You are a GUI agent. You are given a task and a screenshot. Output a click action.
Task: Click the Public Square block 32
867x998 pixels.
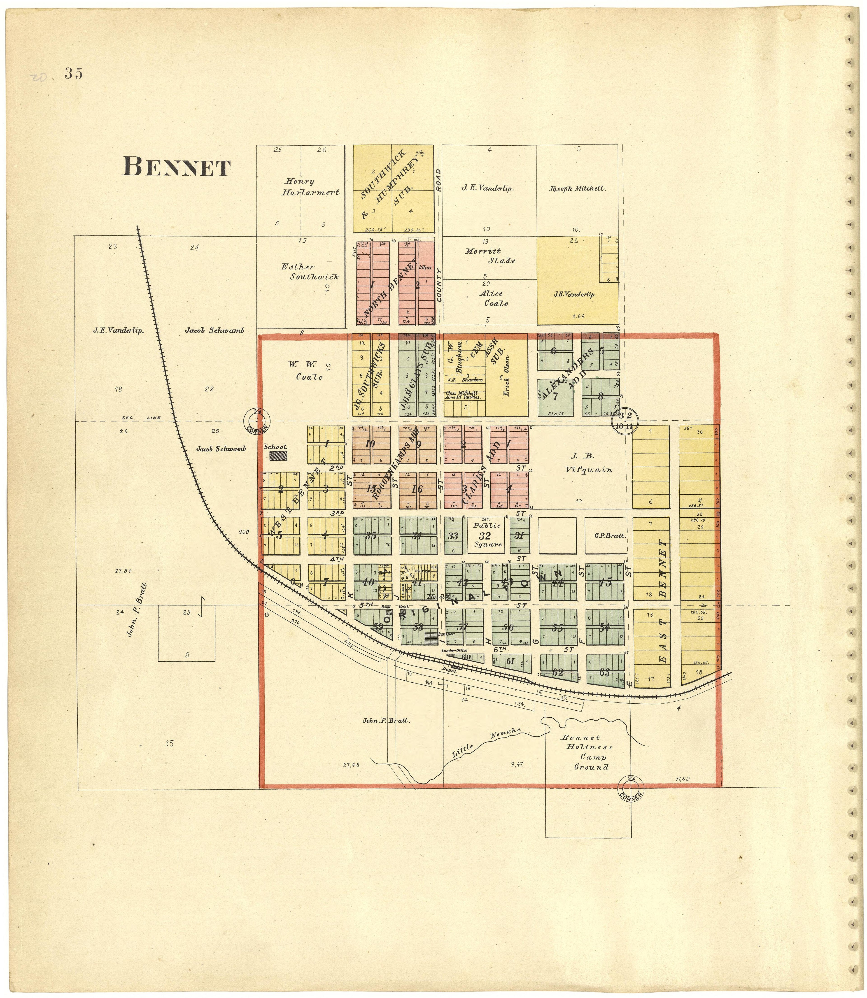[x=485, y=535]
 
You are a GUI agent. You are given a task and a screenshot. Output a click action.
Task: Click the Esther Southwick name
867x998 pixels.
[x=310, y=272]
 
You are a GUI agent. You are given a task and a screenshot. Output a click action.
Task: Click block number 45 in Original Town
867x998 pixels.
[x=605, y=583]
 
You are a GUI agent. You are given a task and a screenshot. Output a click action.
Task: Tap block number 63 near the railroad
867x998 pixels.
[x=604, y=672]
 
